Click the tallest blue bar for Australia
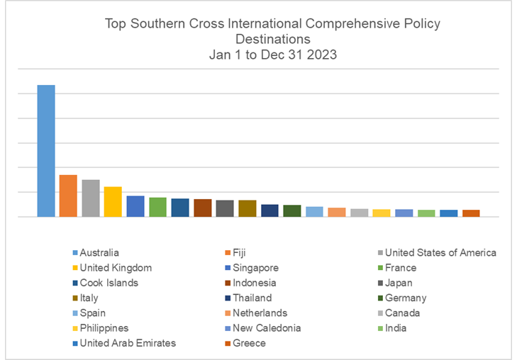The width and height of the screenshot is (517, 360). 46,150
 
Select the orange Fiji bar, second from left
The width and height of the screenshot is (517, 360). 68,196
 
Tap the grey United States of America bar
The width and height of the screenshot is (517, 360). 91,198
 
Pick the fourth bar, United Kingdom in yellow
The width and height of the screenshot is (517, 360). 113,201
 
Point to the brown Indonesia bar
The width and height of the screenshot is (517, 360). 203,208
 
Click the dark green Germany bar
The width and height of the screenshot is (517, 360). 292,210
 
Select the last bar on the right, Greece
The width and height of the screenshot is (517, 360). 471,213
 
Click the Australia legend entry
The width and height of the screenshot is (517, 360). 99,253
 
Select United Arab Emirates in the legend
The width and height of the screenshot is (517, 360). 128,344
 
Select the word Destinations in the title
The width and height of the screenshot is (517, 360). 273,38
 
